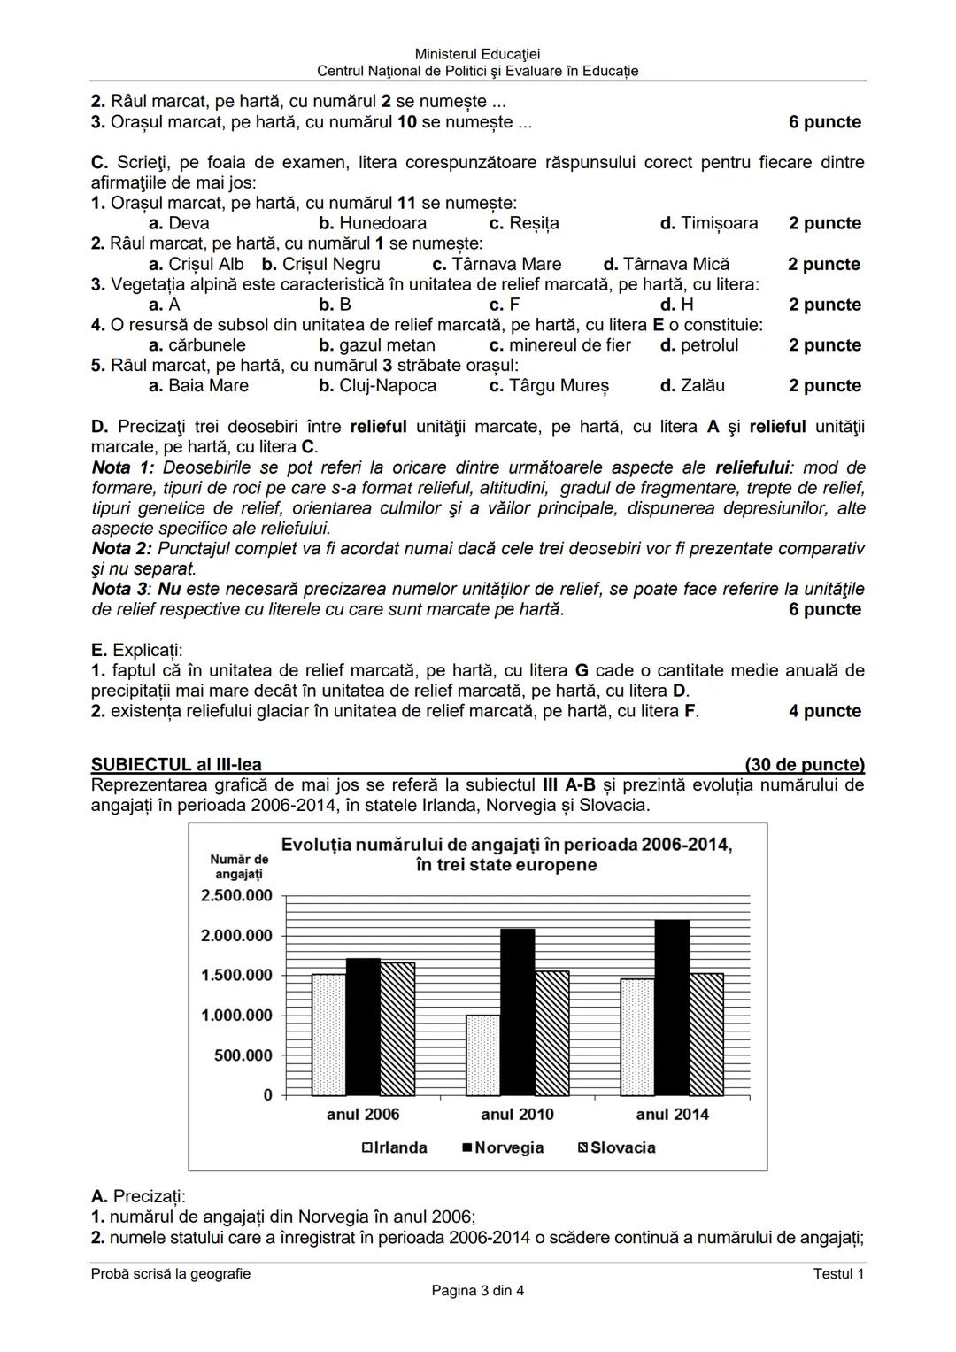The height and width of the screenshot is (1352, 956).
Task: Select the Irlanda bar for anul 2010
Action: click(x=483, y=1055)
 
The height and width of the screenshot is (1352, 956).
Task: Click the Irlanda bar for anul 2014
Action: click(x=637, y=1037)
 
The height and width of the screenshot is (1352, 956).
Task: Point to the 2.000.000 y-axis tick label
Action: click(x=236, y=936)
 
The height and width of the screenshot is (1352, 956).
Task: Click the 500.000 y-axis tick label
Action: click(x=243, y=1055)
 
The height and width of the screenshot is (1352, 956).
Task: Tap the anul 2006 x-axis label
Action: click(x=363, y=1115)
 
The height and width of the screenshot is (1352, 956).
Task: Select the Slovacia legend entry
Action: click(x=617, y=1147)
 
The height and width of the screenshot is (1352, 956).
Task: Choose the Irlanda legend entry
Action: click(x=394, y=1147)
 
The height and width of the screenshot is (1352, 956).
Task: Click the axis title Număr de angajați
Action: click(x=239, y=867)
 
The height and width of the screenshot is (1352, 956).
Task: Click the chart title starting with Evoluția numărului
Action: click(x=506, y=854)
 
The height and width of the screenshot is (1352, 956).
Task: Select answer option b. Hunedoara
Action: click(x=373, y=223)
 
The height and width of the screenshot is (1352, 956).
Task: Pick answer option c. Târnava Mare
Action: click(x=497, y=264)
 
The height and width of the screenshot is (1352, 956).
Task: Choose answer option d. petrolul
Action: click(x=699, y=345)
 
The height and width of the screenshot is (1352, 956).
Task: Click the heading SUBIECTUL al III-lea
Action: click(x=176, y=765)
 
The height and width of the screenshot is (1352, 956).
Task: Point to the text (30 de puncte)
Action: click(x=805, y=765)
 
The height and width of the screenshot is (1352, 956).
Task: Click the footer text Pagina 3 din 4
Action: click(x=477, y=1291)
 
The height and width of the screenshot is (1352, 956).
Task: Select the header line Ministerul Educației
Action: click(x=477, y=55)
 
